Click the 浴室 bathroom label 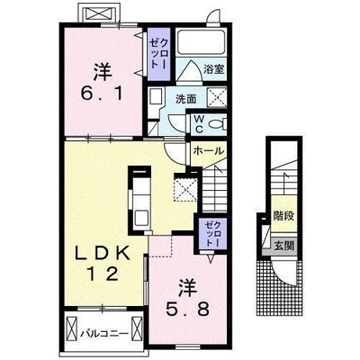pyautogui.click(x=214, y=69)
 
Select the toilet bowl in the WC pyautogui.click(x=217, y=123)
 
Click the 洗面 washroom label pyautogui.click(x=186, y=99)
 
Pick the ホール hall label pyautogui.click(x=209, y=151)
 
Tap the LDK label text pyautogui.click(x=103, y=255)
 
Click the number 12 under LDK pyautogui.click(x=103, y=274)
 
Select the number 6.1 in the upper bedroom pyautogui.click(x=102, y=94)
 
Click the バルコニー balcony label pyautogui.click(x=104, y=333)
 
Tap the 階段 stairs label pyautogui.click(x=283, y=216)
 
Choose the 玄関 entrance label pyautogui.click(x=283, y=246)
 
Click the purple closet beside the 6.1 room pyautogui.click(x=159, y=54)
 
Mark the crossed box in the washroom pyautogui.click(x=217, y=96)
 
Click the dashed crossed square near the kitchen pyautogui.click(x=185, y=189)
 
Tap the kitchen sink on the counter pyautogui.click(x=141, y=217)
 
